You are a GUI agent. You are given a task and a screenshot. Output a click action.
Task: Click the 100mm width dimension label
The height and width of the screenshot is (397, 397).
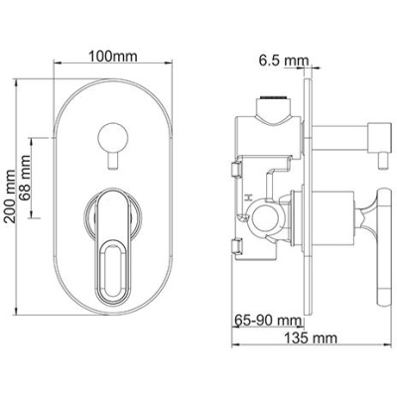[x=112, y=57]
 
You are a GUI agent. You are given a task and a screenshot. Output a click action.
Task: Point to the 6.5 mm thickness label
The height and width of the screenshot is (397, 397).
[x=284, y=61]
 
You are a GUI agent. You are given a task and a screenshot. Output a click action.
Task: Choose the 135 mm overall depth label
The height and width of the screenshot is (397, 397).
[x=311, y=338]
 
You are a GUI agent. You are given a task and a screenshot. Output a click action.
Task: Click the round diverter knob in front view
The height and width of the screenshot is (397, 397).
[x=113, y=137]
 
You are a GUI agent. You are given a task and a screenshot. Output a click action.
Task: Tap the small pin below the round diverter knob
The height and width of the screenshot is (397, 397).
[x=113, y=161]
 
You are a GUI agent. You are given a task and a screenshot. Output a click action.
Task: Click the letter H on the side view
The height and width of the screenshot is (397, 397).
[x=248, y=198]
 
